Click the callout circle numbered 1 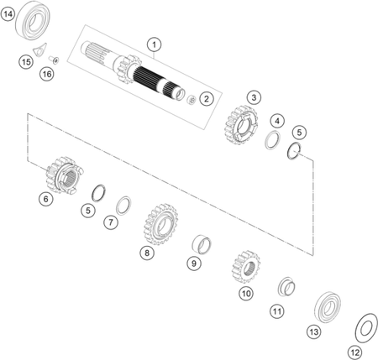(154, 44)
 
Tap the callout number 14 (8, 14)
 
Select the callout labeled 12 (355, 352)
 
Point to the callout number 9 (194, 263)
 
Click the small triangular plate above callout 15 (39, 50)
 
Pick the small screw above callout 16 (54, 60)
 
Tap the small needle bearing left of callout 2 (192, 99)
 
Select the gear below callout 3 (241, 125)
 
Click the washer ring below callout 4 (272, 140)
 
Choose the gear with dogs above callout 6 (65, 175)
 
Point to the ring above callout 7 (123, 206)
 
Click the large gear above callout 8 (160, 224)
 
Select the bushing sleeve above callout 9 (202, 244)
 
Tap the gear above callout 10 (246, 267)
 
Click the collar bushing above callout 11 (286, 286)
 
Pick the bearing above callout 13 (328, 307)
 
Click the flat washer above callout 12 (366, 328)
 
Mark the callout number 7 (111, 222)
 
